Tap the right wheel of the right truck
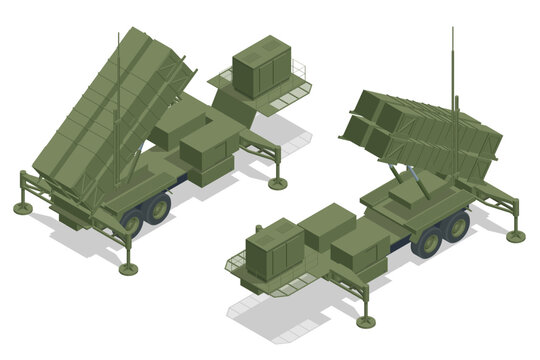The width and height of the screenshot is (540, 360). pos(457,226)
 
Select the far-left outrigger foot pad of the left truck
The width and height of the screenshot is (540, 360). pos(21,208)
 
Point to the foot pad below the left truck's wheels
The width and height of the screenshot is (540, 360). pos(128,268)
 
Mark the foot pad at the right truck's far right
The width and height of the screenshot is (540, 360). pos(515,236)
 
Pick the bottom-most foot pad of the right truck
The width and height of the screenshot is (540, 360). pos(365,321)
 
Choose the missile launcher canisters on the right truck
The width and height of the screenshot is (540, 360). pos(420,130)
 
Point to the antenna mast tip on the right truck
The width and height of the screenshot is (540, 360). pos(453,30)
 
